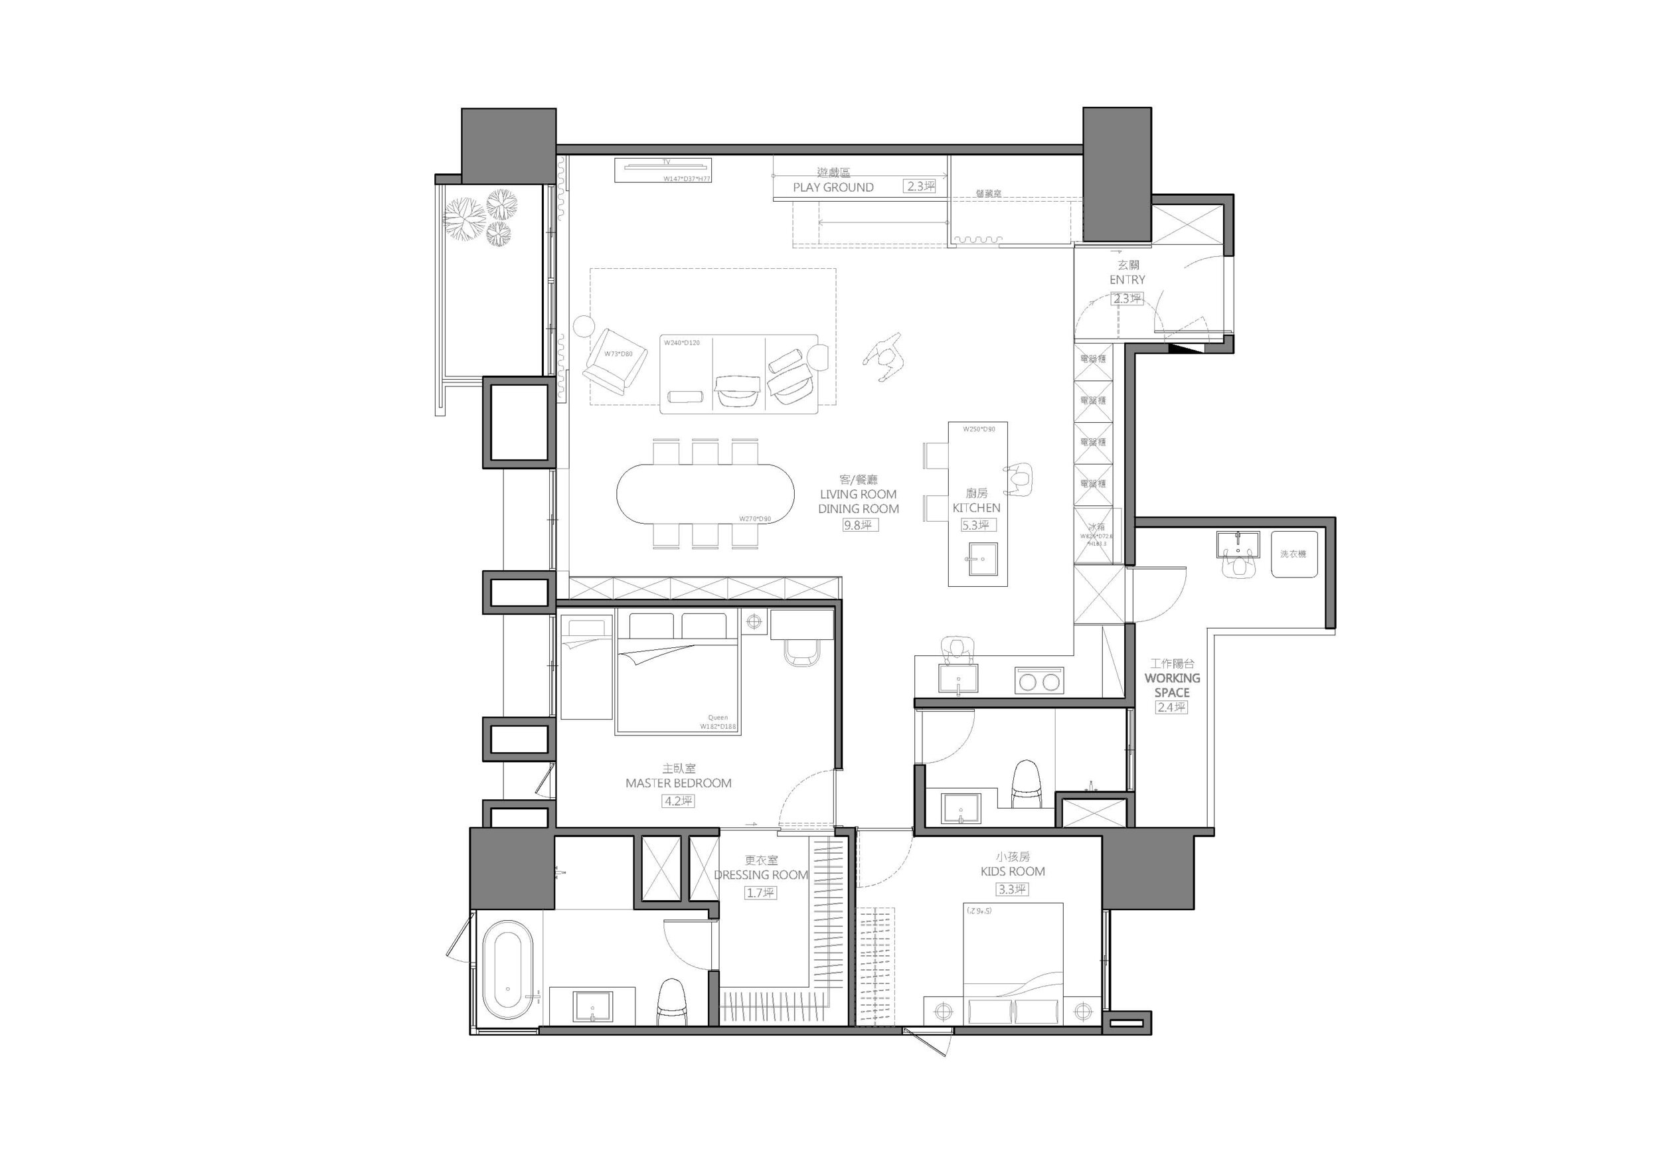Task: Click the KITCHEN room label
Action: [x=976, y=508]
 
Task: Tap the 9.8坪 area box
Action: [x=857, y=526]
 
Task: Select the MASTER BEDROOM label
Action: [x=678, y=783]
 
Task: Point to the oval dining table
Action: [x=706, y=494]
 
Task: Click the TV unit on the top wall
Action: [x=663, y=171]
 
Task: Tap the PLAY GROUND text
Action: [x=833, y=187]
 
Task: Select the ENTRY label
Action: [x=1127, y=279]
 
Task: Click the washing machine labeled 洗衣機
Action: [x=1293, y=554]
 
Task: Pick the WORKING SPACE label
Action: [x=1172, y=685]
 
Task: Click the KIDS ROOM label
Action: [x=1012, y=872]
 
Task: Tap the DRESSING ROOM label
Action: [x=760, y=874]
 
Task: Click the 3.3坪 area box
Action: [x=1011, y=890]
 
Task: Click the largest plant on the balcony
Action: [x=463, y=218]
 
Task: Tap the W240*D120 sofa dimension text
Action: [x=682, y=343]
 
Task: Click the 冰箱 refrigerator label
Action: [x=1096, y=527]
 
